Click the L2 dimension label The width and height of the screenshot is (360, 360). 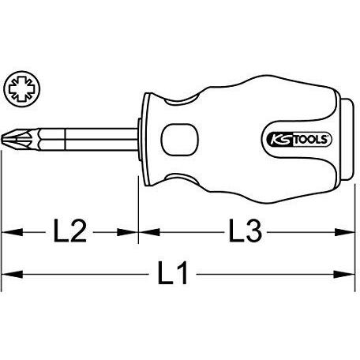pyautogui.click(x=70, y=231)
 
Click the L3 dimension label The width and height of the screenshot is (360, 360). pyautogui.click(x=246, y=231)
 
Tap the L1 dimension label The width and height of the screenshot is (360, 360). pyautogui.click(x=173, y=273)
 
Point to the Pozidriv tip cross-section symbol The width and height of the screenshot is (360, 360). pyautogui.click(x=22, y=88)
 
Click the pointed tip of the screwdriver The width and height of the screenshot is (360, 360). pyautogui.click(x=2, y=139)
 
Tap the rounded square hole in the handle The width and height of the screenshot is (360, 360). pyautogui.click(x=180, y=139)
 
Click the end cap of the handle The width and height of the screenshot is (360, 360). pyautogui.click(x=347, y=139)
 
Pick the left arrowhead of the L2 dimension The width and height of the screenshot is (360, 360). pyautogui.click(x=12, y=232)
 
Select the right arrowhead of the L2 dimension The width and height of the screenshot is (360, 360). pyautogui.click(x=128, y=232)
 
